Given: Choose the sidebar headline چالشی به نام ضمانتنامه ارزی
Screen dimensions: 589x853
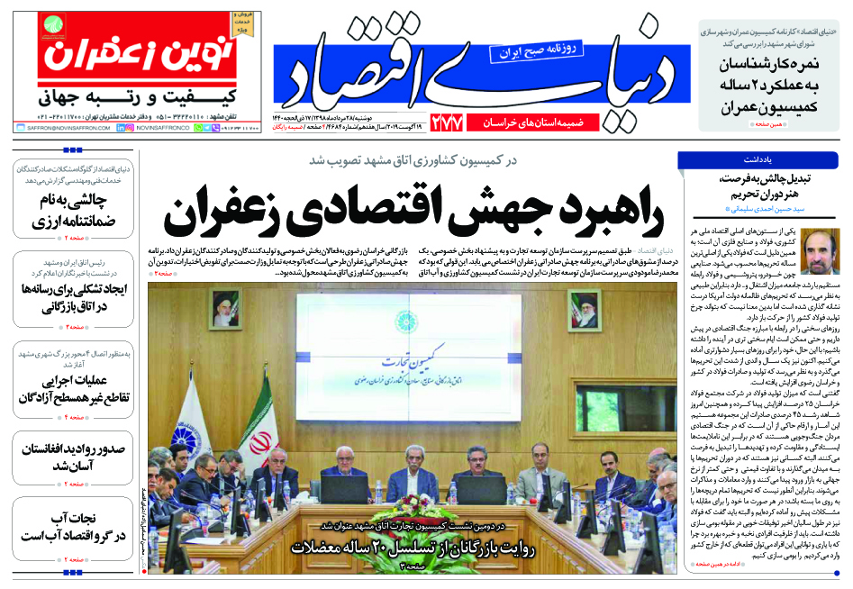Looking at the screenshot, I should (70, 210).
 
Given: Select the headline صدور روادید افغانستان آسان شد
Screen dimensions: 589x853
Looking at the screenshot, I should (72, 458).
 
